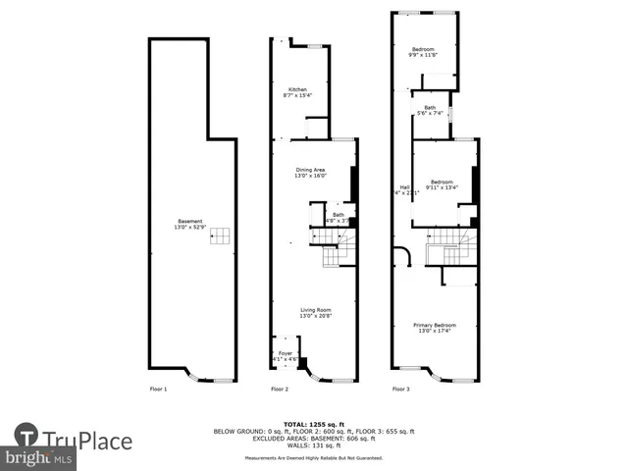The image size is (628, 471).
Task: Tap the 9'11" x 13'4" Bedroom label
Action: point(441,183)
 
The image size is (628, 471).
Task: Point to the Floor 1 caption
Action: point(158,390)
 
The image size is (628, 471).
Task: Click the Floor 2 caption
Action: point(280,390)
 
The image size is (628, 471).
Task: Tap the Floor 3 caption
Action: point(400,390)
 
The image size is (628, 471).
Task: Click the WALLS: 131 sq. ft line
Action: point(314,445)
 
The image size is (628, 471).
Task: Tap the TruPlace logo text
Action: point(86,441)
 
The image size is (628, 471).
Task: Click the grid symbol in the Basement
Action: point(223,235)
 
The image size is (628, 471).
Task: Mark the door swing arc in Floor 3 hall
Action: point(402,257)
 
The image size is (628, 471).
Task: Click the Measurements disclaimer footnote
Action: point(314,458)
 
